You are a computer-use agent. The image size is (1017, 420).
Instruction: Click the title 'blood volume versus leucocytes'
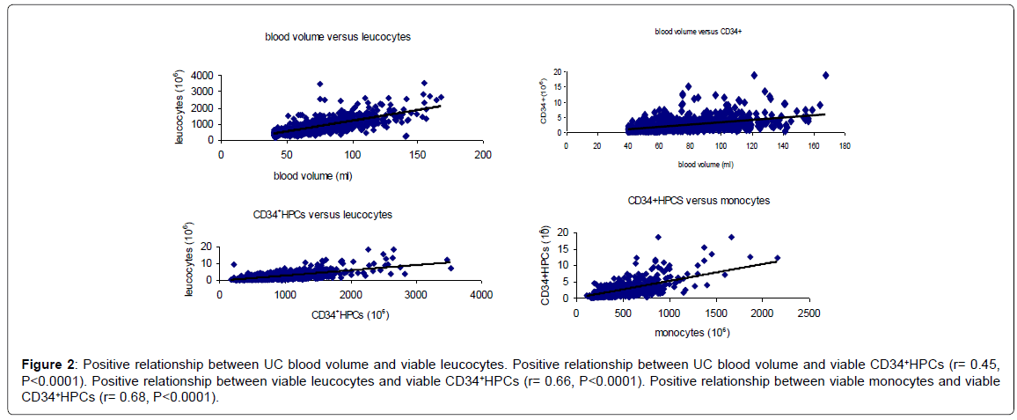click(338, 38)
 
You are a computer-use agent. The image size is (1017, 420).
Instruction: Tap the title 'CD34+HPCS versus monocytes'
click(699, 201)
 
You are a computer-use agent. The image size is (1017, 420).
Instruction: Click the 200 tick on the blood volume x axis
click(482, 154)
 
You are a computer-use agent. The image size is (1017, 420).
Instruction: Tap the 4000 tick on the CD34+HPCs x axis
click(481, 295)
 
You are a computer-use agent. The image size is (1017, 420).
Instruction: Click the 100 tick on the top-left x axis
click(351, 154)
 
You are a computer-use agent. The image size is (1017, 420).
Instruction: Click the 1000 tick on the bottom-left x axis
click(285, 295)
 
